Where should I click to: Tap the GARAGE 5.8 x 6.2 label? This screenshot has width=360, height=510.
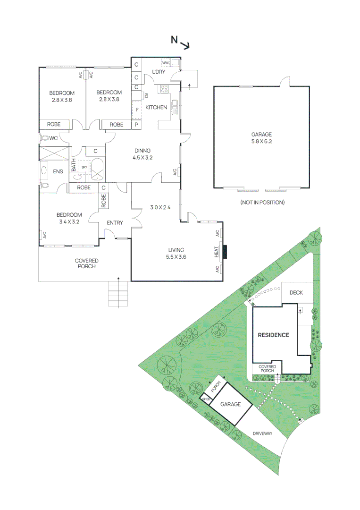261,137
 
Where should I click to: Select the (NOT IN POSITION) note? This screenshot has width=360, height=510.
262,202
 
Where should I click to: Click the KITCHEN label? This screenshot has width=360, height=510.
156,108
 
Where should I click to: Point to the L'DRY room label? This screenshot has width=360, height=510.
158,72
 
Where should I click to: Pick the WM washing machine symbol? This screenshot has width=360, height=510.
166,63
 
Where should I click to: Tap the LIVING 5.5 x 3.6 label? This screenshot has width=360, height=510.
176,254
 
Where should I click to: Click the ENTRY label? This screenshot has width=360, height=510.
115,223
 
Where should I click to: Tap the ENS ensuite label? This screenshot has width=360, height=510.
58,171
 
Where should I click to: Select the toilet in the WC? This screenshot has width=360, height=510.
45,138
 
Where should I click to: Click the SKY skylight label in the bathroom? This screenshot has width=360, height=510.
84,167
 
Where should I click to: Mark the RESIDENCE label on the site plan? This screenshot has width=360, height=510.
273,335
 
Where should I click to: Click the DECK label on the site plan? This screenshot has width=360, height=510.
296,293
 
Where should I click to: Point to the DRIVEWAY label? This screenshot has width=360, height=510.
263,433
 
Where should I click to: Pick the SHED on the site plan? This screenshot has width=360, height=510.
206,399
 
